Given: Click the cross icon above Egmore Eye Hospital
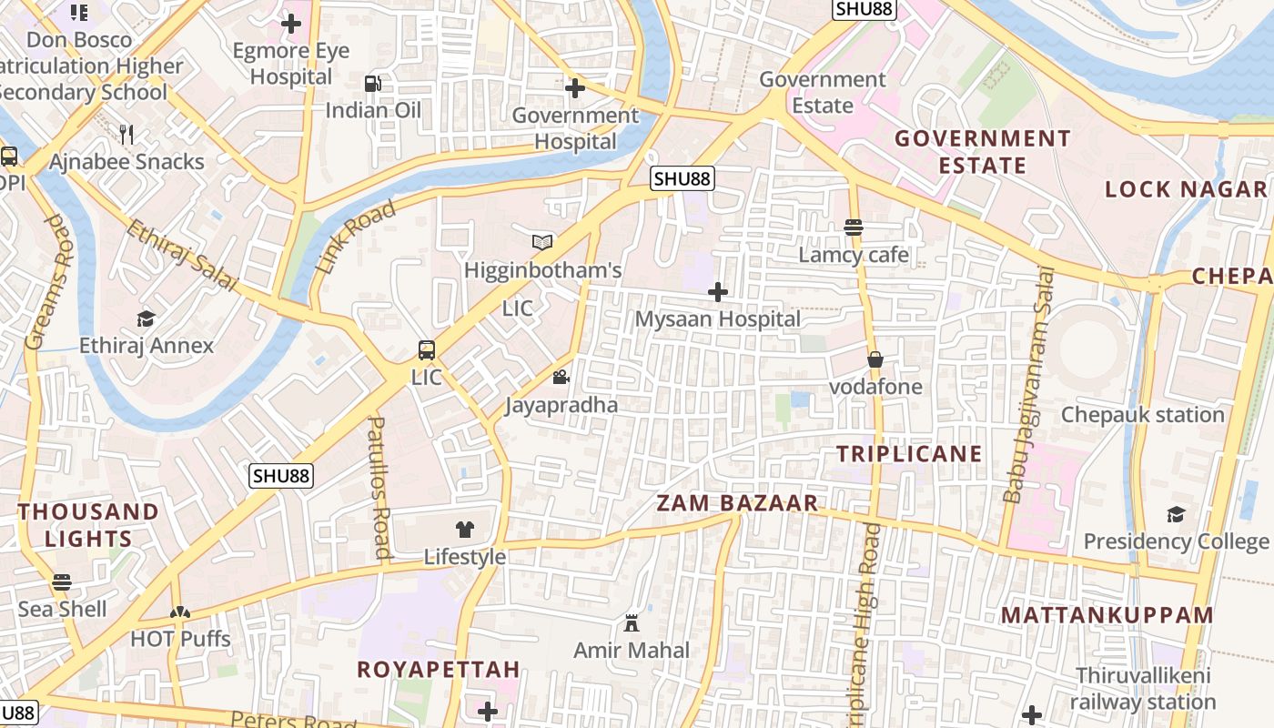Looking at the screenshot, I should (x=291, y=24).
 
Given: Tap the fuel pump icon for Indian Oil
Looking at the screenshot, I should (x=372, y=84).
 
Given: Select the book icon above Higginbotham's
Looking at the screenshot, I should (x=542, y=242).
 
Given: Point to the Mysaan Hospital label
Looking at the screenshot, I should (x=718, y=319).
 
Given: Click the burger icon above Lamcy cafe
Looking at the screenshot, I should (x=854, y=227).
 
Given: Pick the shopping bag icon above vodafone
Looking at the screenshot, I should (x=875, y=359).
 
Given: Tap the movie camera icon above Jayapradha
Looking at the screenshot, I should (x=561, y=377).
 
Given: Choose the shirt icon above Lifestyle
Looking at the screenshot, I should (x=465, y=529).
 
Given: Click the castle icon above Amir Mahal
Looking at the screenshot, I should (x=632, y=622).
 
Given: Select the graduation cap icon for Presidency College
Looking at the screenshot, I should (x=1176, y=514).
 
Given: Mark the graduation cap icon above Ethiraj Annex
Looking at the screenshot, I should (x=146, y=318).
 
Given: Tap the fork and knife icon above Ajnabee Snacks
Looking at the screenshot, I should (x=126, y=135).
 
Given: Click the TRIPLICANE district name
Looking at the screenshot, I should (x=909, y=454).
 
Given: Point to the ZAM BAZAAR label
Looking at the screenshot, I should (x=737, y=503).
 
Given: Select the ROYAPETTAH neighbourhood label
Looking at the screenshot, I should (x=439, y=670).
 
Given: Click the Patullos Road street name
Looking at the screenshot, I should (x=379, y=487).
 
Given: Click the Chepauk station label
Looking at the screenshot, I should (x=1143, y=415).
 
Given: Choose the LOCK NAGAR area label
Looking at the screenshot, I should (x=1186, y=189).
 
